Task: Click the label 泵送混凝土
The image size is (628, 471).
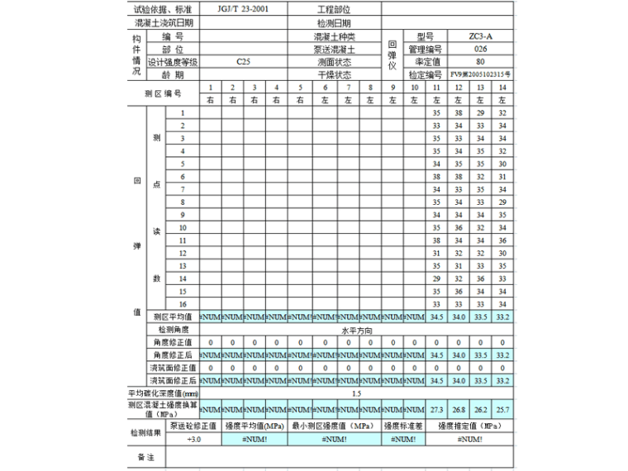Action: coord(334,49)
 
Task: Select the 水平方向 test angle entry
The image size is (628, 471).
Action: coord(356,329)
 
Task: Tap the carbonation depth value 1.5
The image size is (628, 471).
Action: coord(356,393)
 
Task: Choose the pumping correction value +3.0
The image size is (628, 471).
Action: coord(193,440)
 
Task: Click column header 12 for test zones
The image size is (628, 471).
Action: coord(459,88)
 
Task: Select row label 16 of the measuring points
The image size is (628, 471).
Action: coord(183,304)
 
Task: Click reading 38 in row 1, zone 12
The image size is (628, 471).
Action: coord(459,112)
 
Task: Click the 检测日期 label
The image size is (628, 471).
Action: coord(334,23)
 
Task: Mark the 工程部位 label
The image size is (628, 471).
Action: coord(334,9)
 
